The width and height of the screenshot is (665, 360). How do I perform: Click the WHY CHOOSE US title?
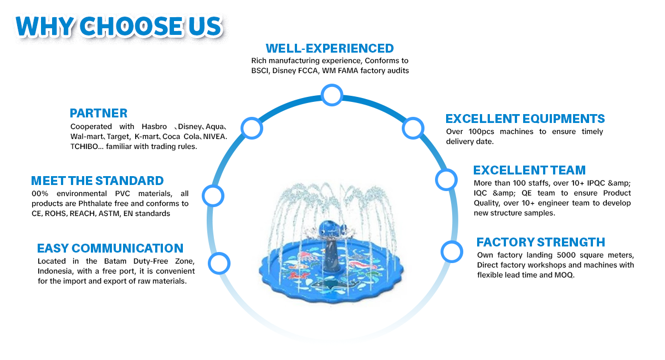click(119, 25)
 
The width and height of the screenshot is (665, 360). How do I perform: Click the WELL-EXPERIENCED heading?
click(330, 48)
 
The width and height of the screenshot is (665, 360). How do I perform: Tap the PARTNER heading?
click(99, 113)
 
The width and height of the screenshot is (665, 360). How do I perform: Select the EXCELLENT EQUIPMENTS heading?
click(525, 119)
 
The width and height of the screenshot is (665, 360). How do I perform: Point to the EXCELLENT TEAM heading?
click(529, 170)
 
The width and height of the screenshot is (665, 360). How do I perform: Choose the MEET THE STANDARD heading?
click(98, 181)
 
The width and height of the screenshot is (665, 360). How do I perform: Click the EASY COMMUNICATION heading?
click(110, 248)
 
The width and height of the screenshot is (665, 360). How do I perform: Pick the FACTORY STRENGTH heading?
click(540, 242)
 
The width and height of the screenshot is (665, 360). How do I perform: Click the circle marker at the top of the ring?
click(332, 95)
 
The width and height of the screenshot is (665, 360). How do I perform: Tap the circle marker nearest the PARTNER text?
click(251, 128)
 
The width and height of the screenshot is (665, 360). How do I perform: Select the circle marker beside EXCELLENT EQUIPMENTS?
click(413, 128)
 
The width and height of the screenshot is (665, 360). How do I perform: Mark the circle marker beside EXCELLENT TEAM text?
click(446, 179)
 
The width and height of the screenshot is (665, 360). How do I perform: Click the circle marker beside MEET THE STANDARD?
click(213, 195)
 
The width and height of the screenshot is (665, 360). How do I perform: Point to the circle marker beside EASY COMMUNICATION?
click(219, 263)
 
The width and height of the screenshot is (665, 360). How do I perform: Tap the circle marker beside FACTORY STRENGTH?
click(452, 251)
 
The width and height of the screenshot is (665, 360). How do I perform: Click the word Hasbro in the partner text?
click(154, 127)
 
